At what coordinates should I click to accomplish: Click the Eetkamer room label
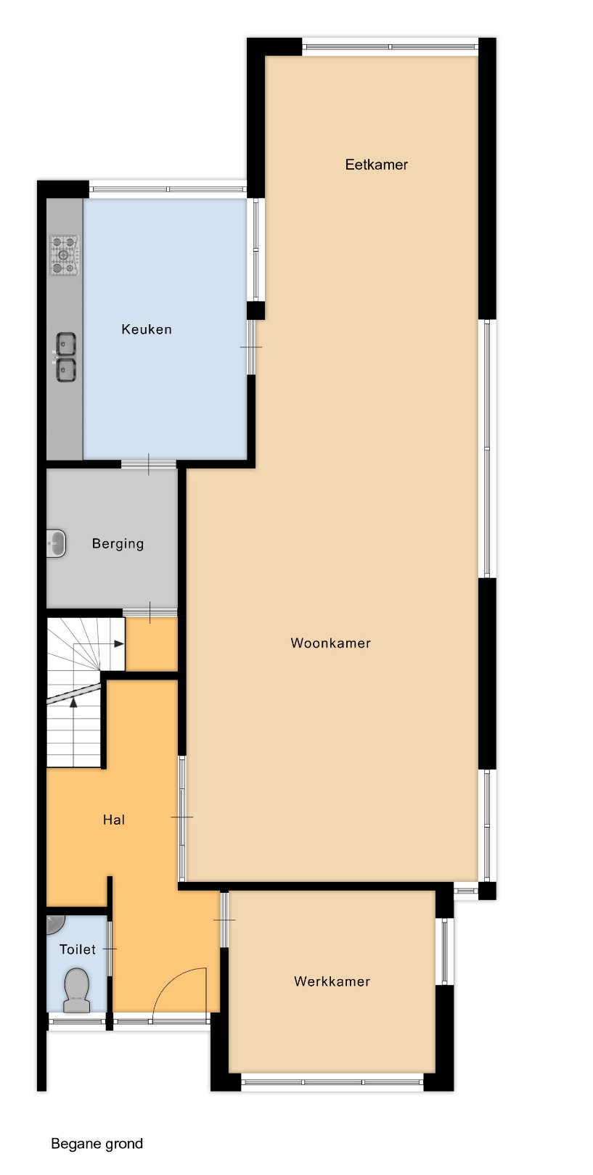click(376, 165)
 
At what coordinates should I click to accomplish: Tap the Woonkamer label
click(330, 643)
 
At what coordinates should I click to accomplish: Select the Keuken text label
click(147, 329)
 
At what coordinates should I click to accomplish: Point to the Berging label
click(118, 544)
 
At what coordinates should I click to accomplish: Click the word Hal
click(114, 820)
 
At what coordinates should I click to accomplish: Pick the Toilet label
click(78, 949)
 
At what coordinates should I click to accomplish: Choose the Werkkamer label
click(332, 981)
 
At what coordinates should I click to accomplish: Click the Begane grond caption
click(97, 1144)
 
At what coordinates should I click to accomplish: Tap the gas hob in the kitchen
click(65, 255)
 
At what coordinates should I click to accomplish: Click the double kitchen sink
click(65, 358)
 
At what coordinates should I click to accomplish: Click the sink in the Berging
click(56, 543)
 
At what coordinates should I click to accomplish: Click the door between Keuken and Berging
click(149, 464)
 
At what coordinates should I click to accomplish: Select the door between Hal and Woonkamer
click(182, 817)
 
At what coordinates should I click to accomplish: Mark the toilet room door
click(110, 949)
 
